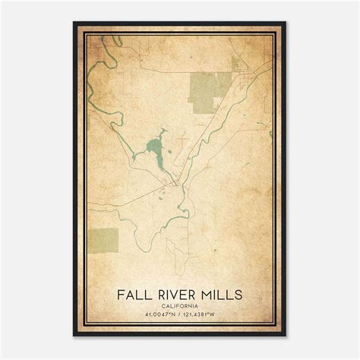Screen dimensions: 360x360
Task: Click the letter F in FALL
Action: [120, 292]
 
